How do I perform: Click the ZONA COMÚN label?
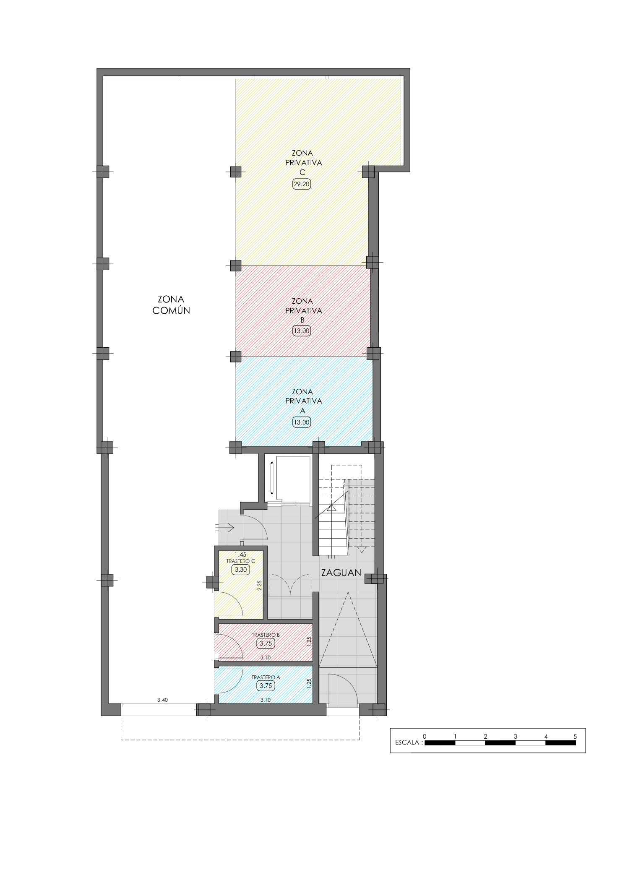point(171,305)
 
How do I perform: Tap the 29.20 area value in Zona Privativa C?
point(302,184)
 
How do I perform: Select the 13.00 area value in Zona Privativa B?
point(302,331)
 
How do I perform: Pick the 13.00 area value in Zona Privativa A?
point(302,422)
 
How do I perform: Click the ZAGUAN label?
point(341,573)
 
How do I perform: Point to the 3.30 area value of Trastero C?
point(241,570)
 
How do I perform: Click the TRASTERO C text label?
point(241,561)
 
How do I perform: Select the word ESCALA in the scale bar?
point(407,742)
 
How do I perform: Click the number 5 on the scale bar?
point(576,736)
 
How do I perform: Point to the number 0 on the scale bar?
point(425,736)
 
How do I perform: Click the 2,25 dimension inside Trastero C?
point(260,586)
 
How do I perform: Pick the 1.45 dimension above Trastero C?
point(240,554)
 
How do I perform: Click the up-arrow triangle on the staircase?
point(331,508)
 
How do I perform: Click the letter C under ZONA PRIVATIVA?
point(302,172)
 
